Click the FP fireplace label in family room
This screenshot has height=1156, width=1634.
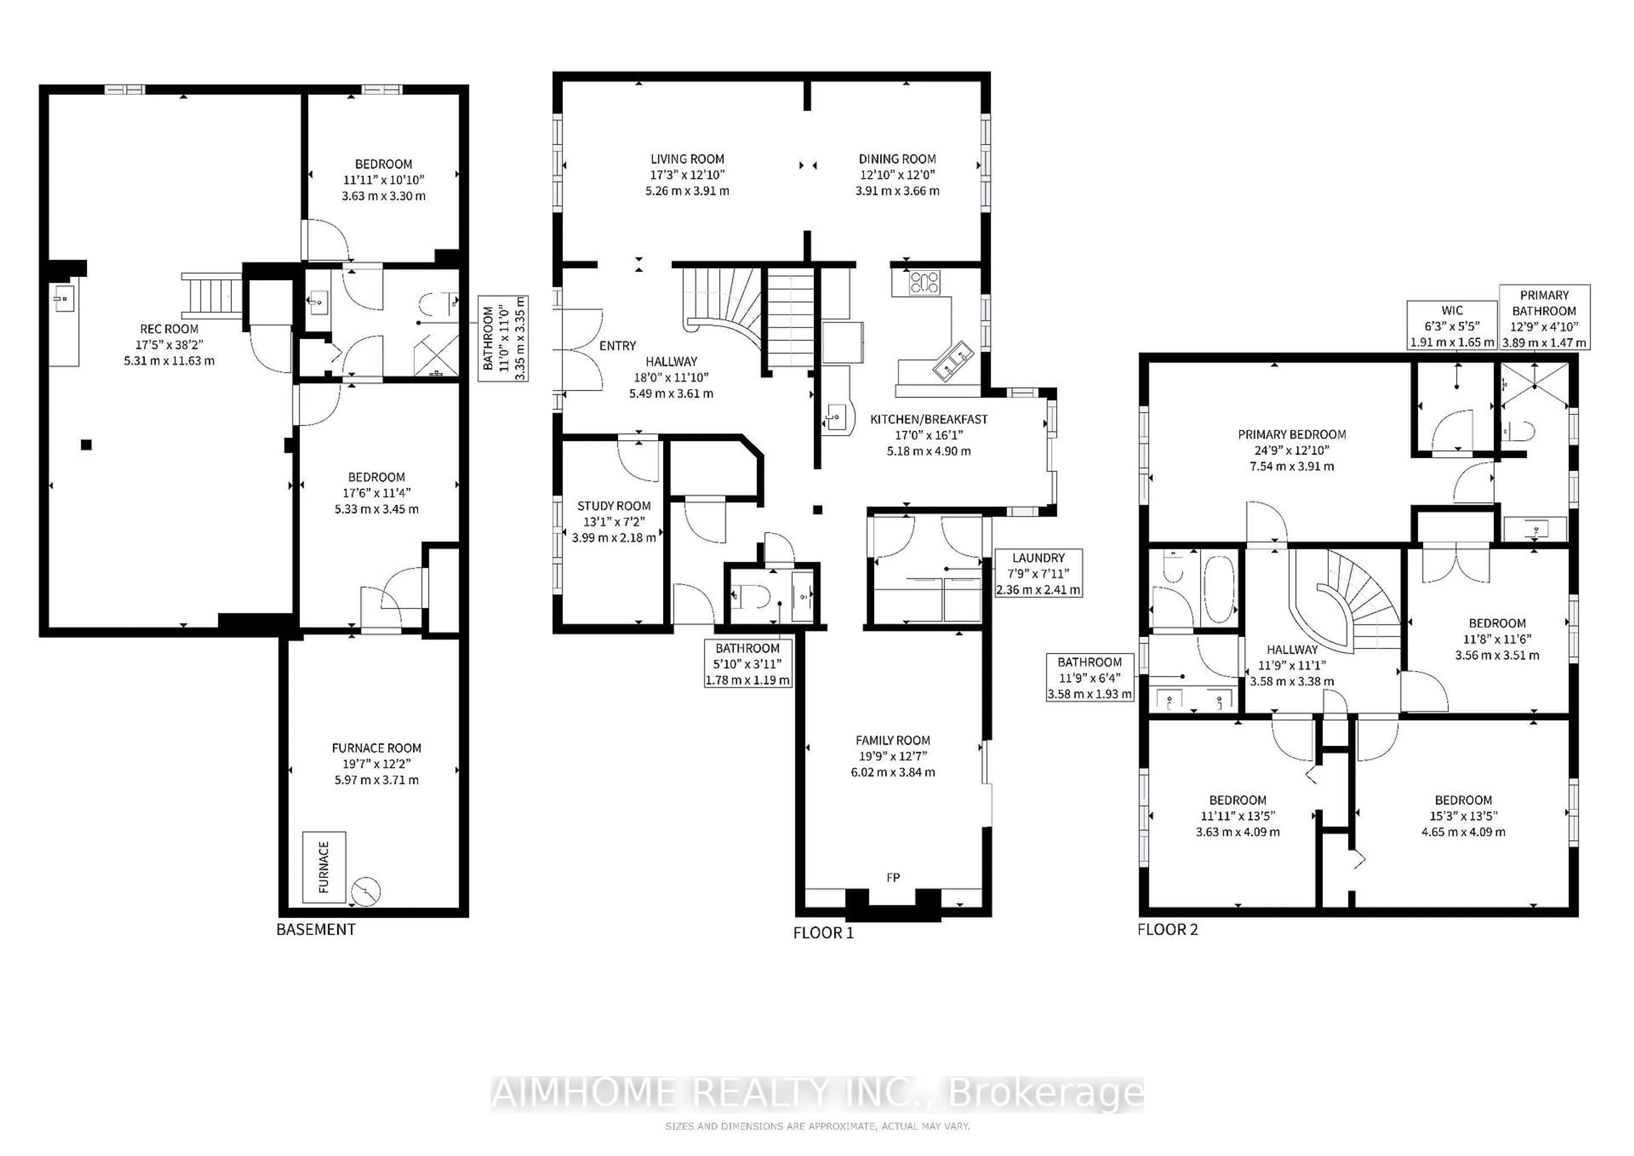[893, 878]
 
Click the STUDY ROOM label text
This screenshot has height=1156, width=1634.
[614, 506]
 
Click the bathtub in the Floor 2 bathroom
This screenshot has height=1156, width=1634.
[1219, 588]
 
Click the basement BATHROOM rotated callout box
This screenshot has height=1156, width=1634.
[503, 338]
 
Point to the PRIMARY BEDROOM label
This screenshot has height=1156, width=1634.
[1292, 434]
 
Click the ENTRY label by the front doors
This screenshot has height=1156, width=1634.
[617, 346]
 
